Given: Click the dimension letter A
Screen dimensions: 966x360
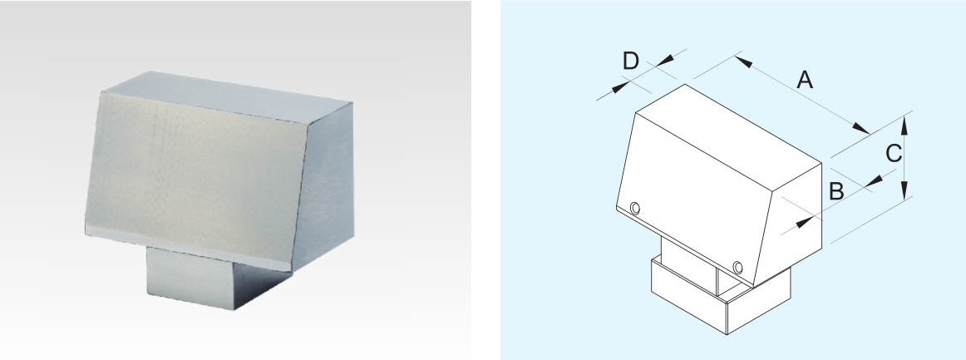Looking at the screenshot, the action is tap(805, 80).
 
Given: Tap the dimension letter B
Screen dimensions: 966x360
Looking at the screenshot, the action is tap(836, 192).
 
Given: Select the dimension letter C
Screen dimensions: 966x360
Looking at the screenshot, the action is tap(894, 154).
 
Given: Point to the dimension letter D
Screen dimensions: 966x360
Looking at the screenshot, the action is tap(631, 61).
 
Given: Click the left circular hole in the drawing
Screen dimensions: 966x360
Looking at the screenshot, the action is tap(634, 209).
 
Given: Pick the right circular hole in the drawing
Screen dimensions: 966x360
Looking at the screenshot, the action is tap(737, 268).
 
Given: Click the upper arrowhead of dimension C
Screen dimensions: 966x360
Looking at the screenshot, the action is tap(904, 126).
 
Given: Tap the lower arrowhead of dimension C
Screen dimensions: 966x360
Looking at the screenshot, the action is tap(904, 190).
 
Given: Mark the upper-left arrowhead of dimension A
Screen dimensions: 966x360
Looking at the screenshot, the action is tap(743, 61).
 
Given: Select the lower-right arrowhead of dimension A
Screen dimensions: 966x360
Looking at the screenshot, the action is tap(860, 128).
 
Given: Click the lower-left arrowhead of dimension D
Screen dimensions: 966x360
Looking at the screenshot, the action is tap(620, 87).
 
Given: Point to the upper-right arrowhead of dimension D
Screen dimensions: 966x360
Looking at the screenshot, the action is tap(665, 60).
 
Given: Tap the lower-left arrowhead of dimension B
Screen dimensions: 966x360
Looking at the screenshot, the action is tap(805, 222).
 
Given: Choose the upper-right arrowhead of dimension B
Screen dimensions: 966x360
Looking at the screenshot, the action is tap(875, 181).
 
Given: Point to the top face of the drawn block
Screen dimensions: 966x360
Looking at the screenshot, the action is tap(728, 123).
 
